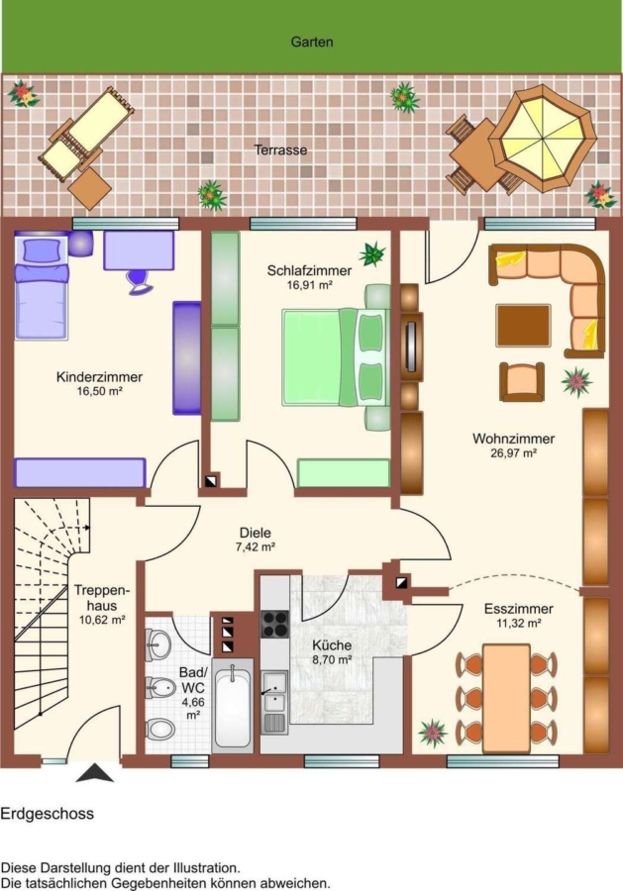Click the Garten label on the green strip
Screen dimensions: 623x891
pos(311,42)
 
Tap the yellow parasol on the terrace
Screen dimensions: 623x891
pos(543,138)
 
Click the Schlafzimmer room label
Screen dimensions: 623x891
pos(309,270)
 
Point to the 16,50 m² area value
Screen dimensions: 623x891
pos(100,391)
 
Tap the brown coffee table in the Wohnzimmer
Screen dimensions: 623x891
pos(524,326)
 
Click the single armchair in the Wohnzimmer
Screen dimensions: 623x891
pos(522,382)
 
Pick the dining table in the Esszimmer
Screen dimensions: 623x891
pos(506,698)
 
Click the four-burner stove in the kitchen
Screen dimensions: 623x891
pos(275,624)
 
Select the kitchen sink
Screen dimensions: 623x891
pos(274,701)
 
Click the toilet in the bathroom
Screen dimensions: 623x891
pos(159,728)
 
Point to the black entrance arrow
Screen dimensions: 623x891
pos(95,773)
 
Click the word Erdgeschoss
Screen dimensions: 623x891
pos(48,814)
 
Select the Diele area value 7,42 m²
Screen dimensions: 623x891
pos(256,547)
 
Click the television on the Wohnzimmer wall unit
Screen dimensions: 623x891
pos(410,346)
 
